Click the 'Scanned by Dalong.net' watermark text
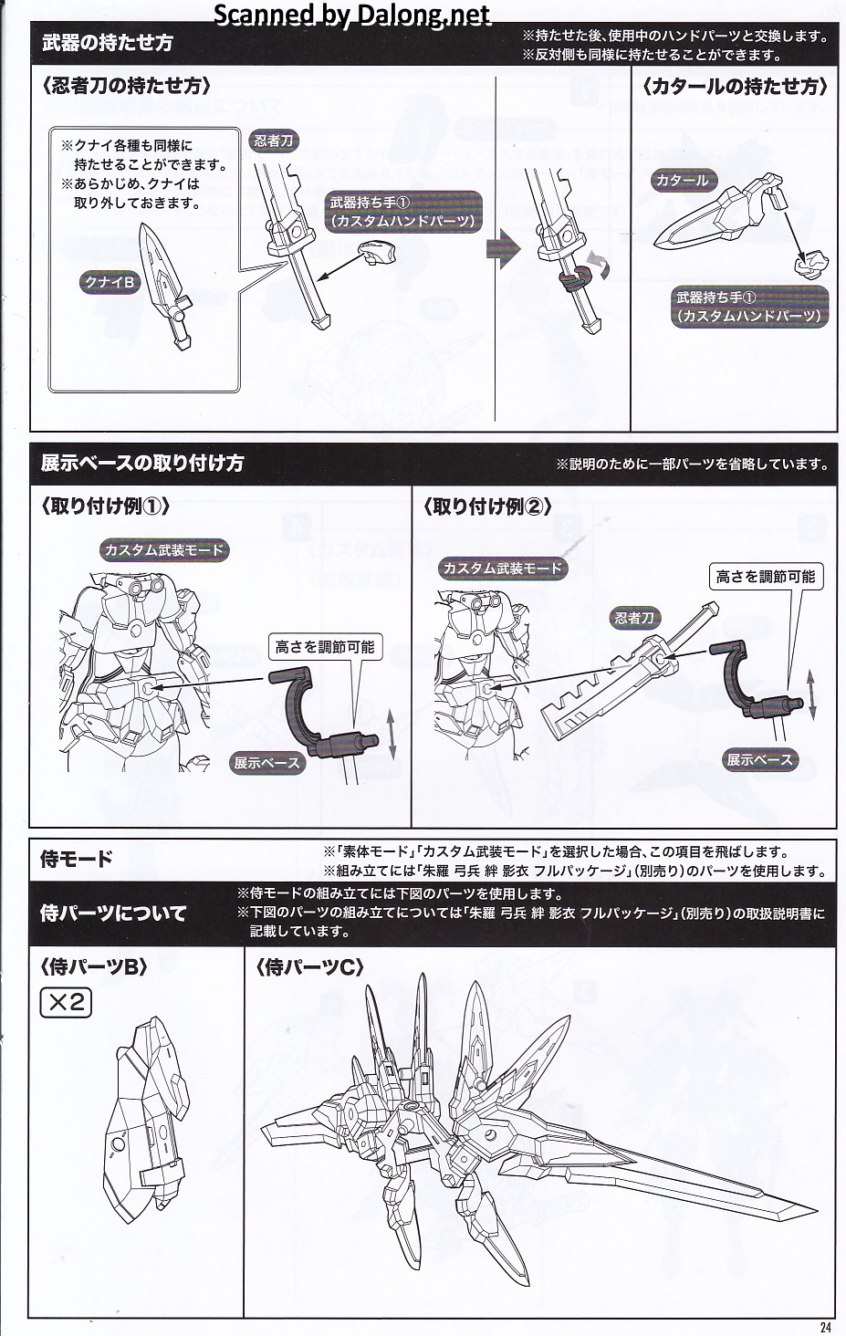coord(351,15)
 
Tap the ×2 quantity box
coord(66,1004)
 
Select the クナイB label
coord(109,282)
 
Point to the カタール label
coord(682,180)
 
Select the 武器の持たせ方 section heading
coord(108,43)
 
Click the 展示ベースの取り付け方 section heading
coord(142,463)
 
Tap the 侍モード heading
coord(77,859)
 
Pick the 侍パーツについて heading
coord(113,913)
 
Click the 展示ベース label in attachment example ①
coord(266,763)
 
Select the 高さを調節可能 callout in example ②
coord(765,576)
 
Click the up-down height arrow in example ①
coord(392,736)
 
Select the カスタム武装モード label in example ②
coord(502,569)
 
